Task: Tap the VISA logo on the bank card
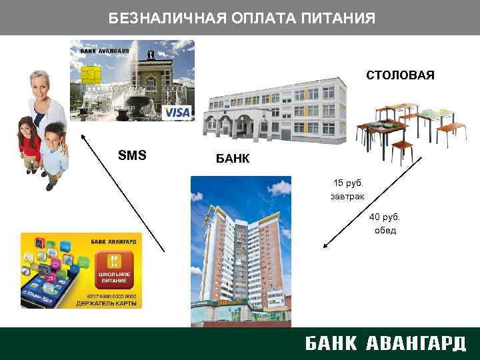(x=177, y=112)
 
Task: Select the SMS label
(x=132, y=156)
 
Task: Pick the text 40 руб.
(x=385, y=217)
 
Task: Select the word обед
(x=385, y=231)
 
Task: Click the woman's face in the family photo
(x=43, y=86)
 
